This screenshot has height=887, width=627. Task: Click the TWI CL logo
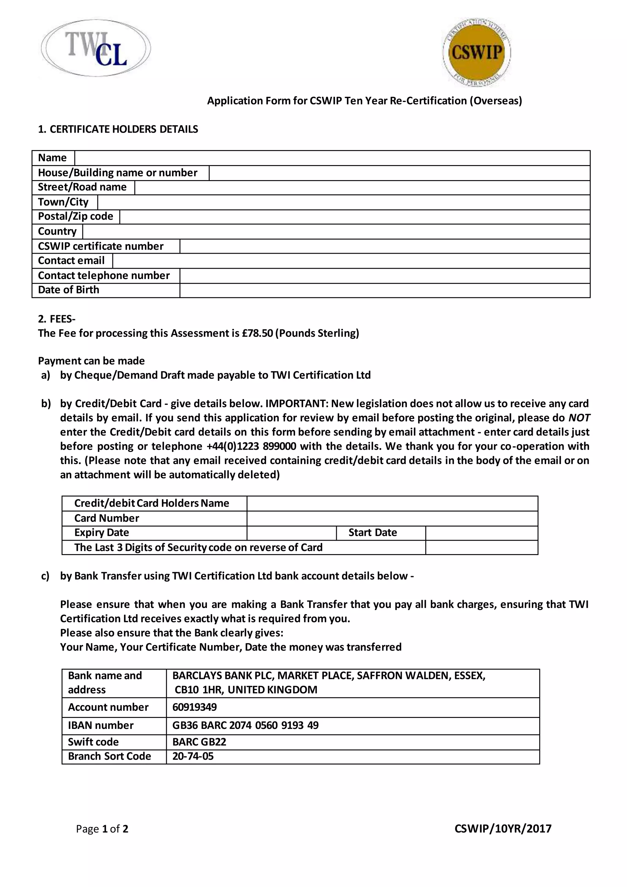coord(96,49)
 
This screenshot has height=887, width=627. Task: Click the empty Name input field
coord(332,158)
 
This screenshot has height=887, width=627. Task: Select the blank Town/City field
coord(344,202)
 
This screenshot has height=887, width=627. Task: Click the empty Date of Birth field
coord(385,290)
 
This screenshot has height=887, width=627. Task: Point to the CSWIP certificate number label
coord(100,246)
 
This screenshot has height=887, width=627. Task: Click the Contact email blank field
coord(351,261)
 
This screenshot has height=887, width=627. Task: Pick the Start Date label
coord(373,533)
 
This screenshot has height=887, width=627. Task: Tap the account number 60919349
coord(195,707)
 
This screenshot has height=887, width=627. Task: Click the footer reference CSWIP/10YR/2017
coord(503,828)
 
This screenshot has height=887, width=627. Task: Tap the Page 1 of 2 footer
coord(102,829)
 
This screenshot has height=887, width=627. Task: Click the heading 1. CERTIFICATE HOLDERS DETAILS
coord(118,130)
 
